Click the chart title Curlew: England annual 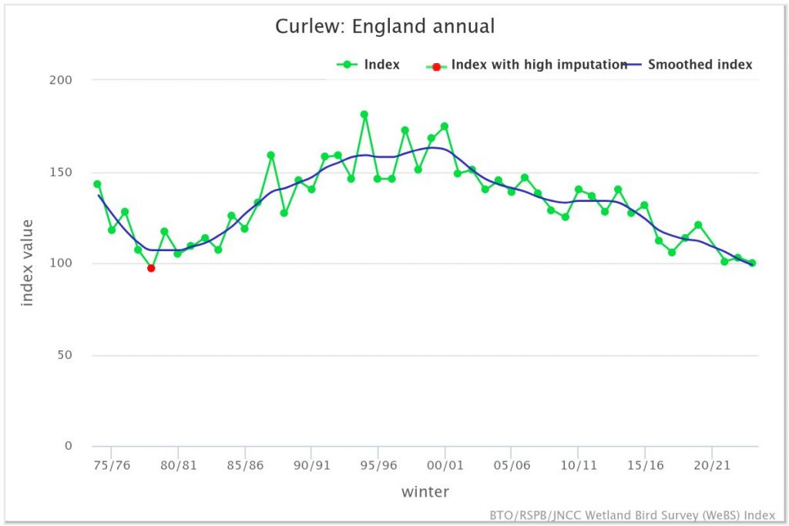[384, 26]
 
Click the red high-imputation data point [151, 268]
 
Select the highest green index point [364, 115]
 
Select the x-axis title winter [425, 491]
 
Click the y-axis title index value [28, 263]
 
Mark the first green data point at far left [97, 184]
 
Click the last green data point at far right [752, 263]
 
